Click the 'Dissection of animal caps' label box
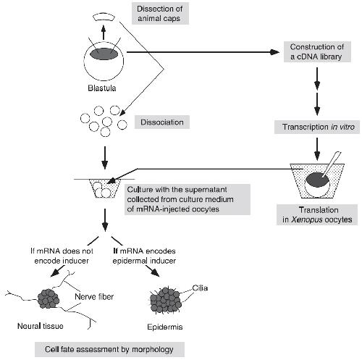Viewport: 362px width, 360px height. [x=160, y=14]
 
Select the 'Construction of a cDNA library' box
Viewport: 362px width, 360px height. [x=317, y=51]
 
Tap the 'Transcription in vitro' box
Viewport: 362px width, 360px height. [x=317, y=127]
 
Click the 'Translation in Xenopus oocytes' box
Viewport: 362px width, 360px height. [x=317, y=214]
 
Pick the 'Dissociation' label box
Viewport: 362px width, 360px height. [x=162, y=122]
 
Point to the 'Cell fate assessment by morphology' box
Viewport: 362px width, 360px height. [x=109, y=349]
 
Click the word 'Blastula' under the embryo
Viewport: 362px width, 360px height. [x=102, y=88]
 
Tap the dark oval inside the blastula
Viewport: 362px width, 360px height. [x=104, y=54]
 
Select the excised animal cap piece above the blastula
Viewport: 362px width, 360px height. [x=104, y=17]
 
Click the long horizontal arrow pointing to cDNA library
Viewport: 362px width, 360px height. [x=203, y=52]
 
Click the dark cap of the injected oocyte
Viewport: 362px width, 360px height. [x=318, y=180]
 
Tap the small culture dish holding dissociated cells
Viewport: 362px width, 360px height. [x=104, y=188]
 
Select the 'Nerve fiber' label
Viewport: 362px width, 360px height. [x=94, y=296]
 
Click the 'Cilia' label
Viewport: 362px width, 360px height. [x=200, y=288]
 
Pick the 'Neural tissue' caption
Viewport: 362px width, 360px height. [x=41, y=326]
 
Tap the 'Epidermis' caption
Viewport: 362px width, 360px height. [x=165, y=327]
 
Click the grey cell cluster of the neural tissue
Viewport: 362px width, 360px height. [x=49, y=299]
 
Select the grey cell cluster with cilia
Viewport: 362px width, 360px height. [x=166, y=300]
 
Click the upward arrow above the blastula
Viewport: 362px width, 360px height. [x=104, y=33]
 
